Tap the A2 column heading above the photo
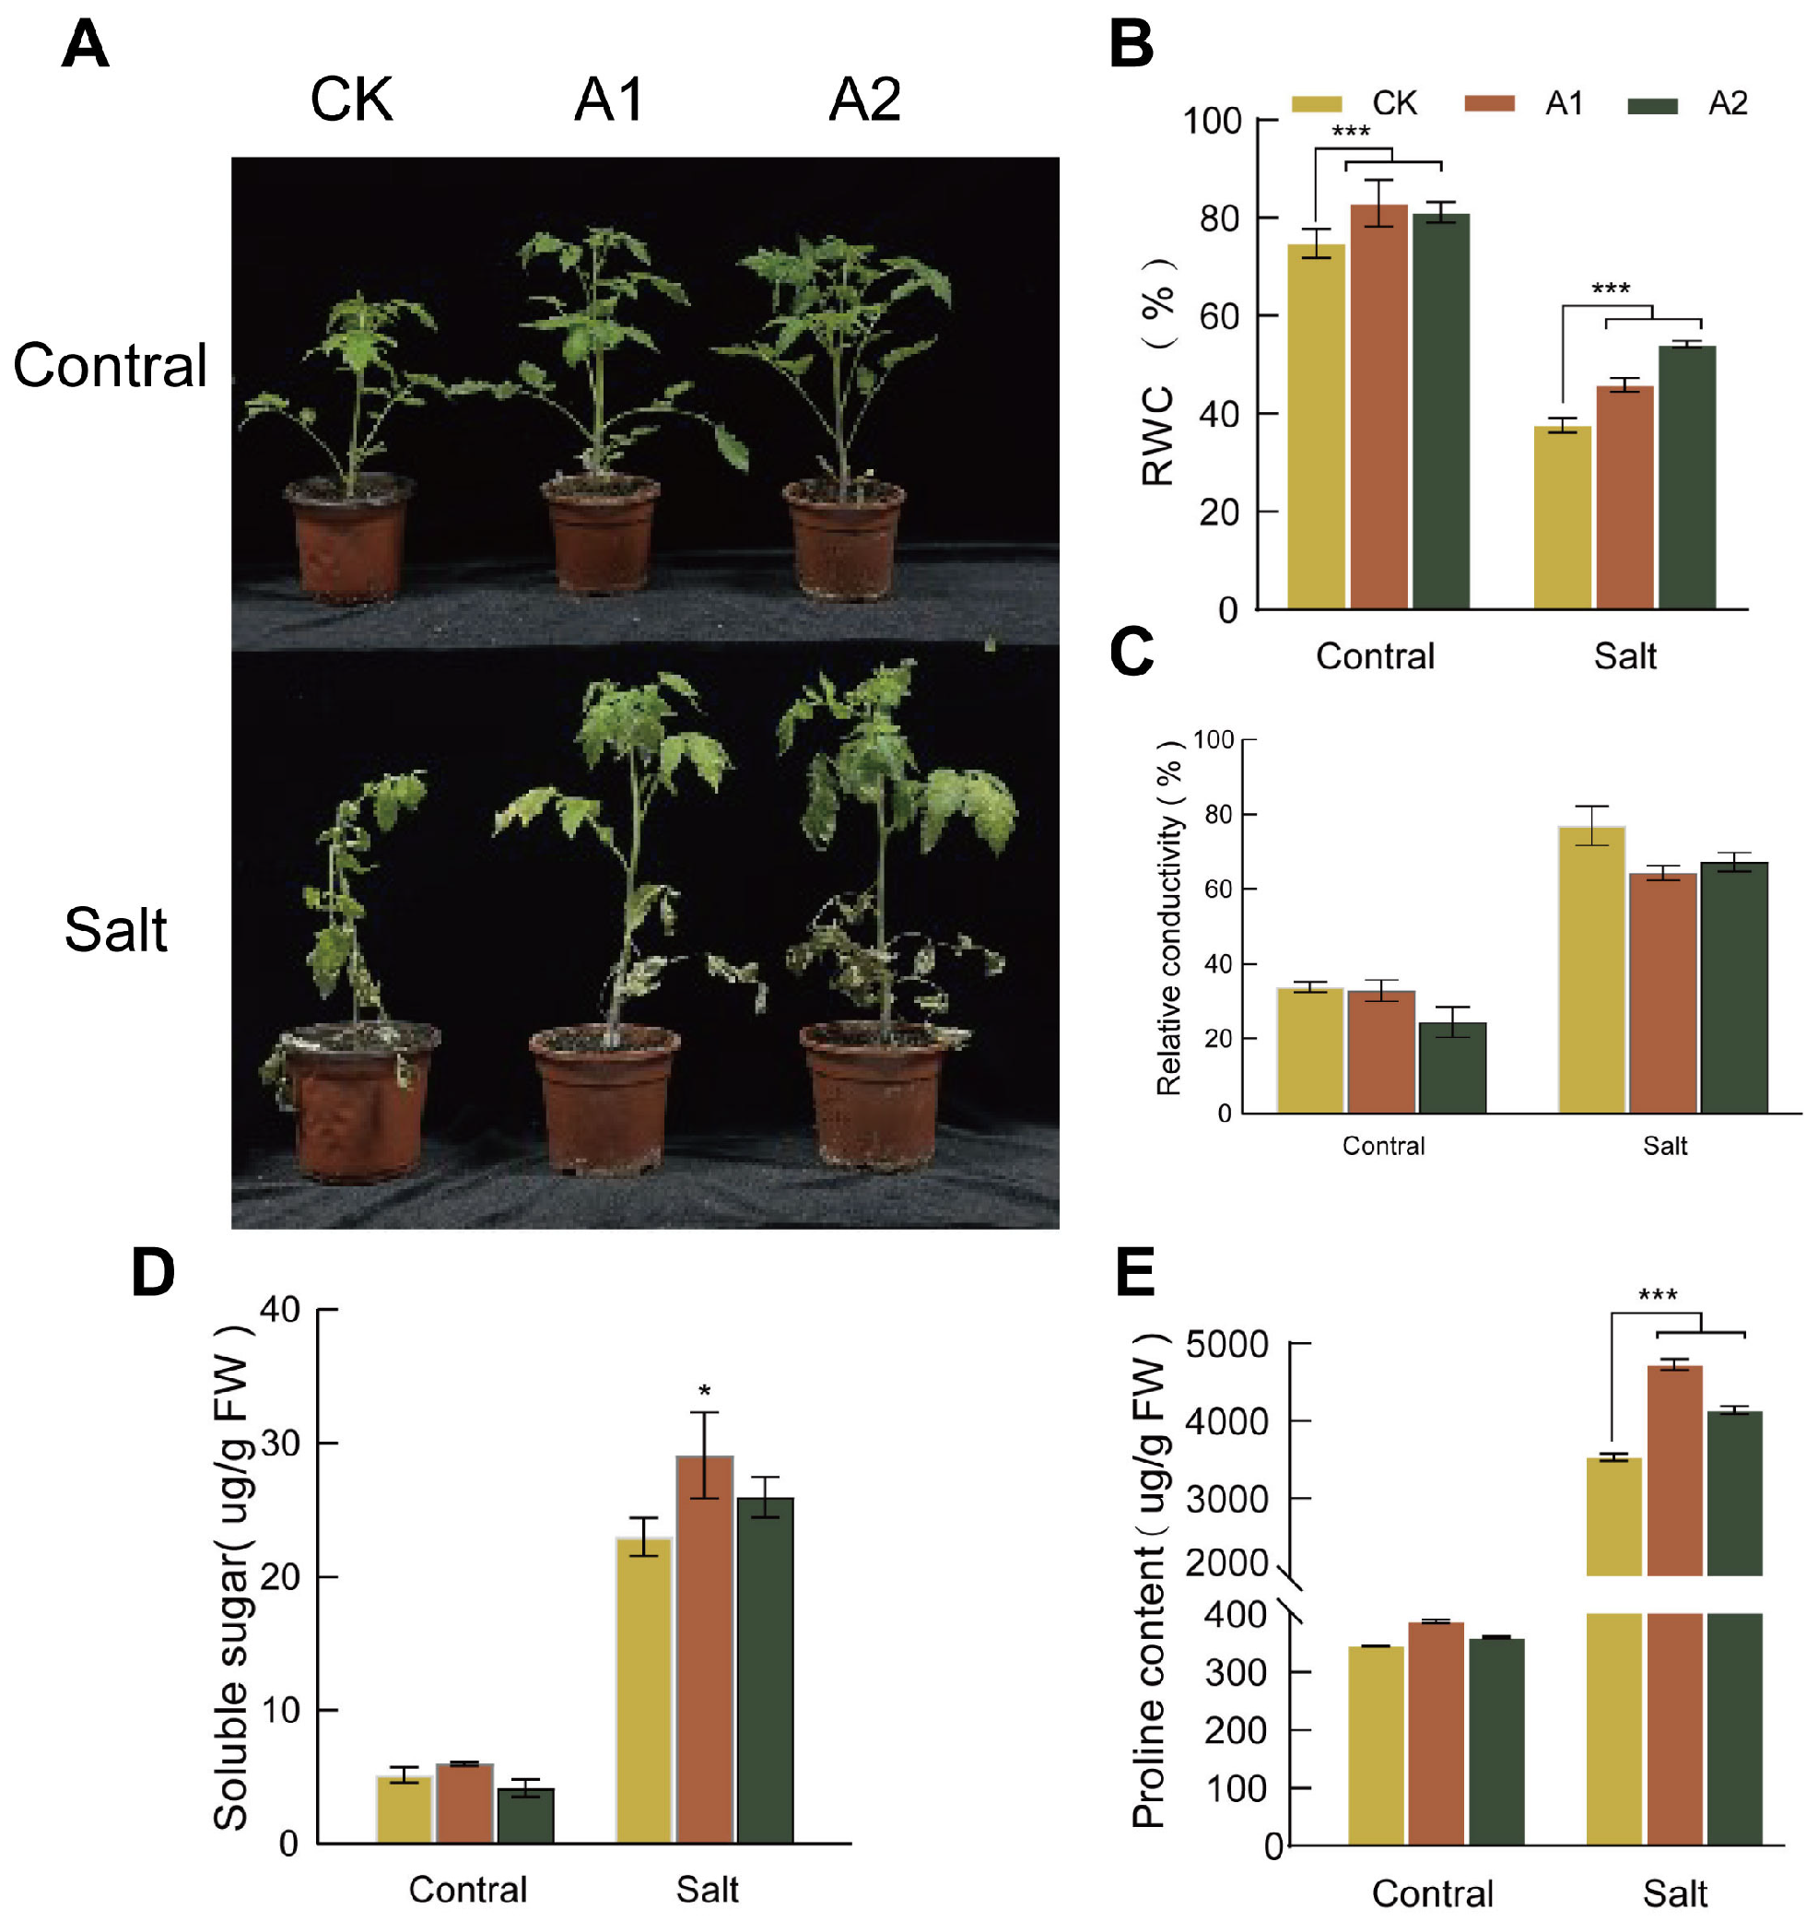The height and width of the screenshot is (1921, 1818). point(864,99)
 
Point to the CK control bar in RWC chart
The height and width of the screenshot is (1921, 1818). point(1315,427)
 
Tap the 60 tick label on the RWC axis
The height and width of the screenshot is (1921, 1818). point(1219,317)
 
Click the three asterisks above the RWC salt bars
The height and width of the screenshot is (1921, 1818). point(1611,289)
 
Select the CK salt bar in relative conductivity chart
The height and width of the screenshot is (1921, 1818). point(1591,969)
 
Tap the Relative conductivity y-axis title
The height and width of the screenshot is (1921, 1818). point(1169,918)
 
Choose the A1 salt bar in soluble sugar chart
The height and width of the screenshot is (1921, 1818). point(705,1647)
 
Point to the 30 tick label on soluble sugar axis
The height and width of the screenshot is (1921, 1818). point(280,1444)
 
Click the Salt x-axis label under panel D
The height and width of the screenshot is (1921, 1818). point(707,1889)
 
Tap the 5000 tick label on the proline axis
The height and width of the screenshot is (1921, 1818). point(1226,1344)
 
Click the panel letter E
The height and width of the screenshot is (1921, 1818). point(1135,1272)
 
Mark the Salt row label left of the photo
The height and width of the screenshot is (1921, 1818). point(115,930)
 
